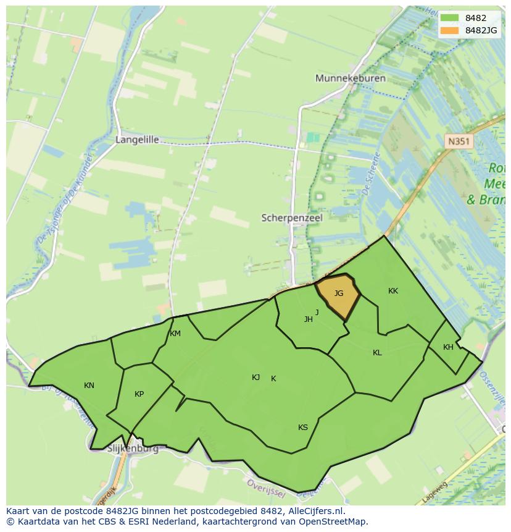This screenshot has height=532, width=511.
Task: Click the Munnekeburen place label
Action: (350, 78)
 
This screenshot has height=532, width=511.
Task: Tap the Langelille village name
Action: (137, 140)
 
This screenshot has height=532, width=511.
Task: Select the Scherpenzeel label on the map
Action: (292, 218)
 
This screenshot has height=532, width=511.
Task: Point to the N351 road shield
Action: (459, 141)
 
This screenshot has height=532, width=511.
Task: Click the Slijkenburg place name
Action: (133, 449)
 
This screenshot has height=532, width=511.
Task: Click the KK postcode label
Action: (393, 291)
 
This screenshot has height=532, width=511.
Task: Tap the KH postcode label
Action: (448, 347)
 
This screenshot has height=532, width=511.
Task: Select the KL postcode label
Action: (377, 353)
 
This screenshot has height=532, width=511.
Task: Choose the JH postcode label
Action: (308, 319)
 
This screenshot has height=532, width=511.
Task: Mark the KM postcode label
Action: (175, 334)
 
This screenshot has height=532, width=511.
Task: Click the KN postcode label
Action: (89, 386)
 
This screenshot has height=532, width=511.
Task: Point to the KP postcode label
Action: (139, 394)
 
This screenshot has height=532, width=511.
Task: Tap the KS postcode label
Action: (303, 428)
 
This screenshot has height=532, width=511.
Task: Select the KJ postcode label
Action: (255, 378)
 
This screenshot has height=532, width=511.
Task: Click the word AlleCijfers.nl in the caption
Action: (314, 511)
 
